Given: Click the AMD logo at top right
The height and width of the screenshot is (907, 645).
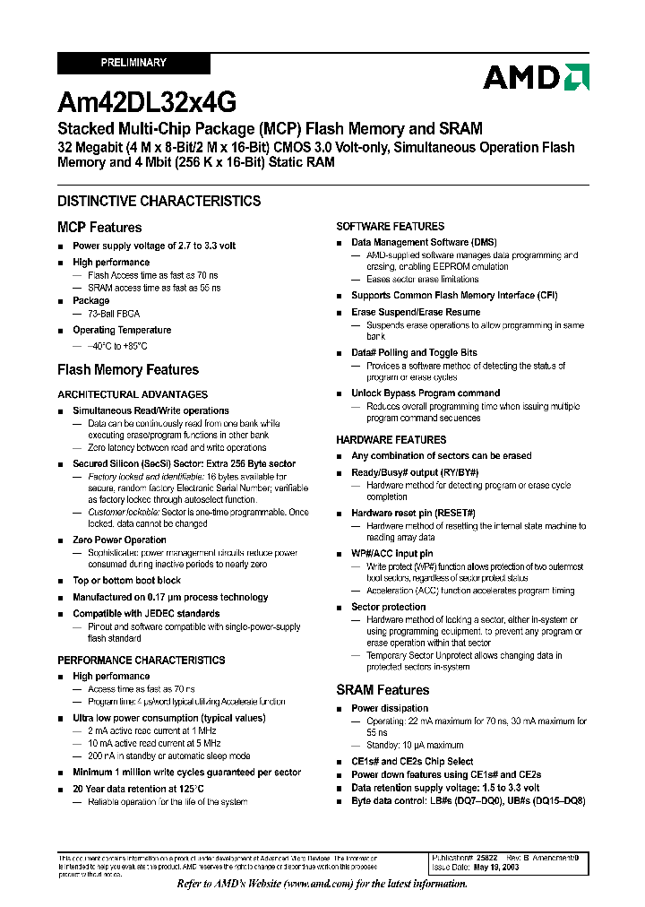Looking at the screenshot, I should coord(535,77).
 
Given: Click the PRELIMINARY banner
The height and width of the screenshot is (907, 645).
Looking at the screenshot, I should coord(133,63).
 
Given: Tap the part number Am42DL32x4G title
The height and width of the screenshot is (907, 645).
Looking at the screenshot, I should coord(147,102).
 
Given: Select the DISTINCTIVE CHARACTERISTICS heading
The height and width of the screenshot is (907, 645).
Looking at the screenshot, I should coord(159,201).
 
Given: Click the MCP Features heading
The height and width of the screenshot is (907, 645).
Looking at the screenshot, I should coord(99,228).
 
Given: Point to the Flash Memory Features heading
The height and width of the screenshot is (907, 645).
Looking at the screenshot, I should coord(128,369).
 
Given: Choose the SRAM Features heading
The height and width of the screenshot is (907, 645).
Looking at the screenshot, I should coord(383,689).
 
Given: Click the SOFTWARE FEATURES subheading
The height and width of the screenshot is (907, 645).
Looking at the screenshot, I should coord(390,227).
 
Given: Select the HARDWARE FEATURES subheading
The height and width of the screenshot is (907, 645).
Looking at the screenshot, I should coord(391,440).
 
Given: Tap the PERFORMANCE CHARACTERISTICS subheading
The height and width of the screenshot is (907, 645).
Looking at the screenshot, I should coord(142,661).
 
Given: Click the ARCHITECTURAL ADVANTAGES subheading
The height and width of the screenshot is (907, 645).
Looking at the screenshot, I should coord(133,394).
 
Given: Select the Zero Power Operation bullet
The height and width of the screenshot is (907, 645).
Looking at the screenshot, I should coord(119,540).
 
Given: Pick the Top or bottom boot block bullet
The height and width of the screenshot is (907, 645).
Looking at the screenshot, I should coord(126,580).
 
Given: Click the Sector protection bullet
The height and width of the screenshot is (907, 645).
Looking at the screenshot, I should coord(388,607).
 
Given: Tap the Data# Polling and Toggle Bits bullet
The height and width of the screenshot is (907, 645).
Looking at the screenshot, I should coord(414,353).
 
